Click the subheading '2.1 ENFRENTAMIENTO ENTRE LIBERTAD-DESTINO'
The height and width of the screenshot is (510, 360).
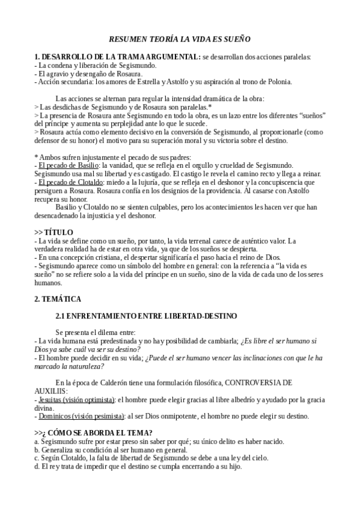click(x=146, y=316)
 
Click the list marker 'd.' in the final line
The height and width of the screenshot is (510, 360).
click(x=37, y=466)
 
